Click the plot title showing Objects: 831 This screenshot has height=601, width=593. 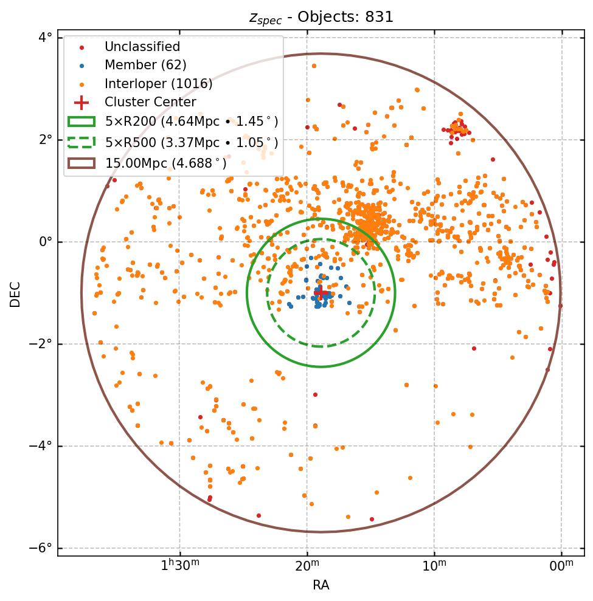321,17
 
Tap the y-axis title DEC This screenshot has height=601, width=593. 15,294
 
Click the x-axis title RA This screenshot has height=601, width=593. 321,585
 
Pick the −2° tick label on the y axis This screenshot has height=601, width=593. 41,344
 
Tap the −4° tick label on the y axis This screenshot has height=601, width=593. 41,446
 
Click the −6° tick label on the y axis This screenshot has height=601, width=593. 41,548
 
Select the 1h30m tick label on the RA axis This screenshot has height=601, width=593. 180,567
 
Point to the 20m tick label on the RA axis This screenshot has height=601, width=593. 307,567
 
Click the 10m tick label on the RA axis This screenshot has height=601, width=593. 434,567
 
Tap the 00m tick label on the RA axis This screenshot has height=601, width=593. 561,567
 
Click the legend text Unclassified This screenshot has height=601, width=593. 142,47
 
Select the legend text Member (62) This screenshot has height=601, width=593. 145,65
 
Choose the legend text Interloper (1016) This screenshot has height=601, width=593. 158,84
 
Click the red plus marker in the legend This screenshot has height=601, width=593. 81,102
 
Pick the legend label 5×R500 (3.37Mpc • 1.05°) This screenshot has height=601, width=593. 192,142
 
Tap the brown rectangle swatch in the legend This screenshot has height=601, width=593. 81,163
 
